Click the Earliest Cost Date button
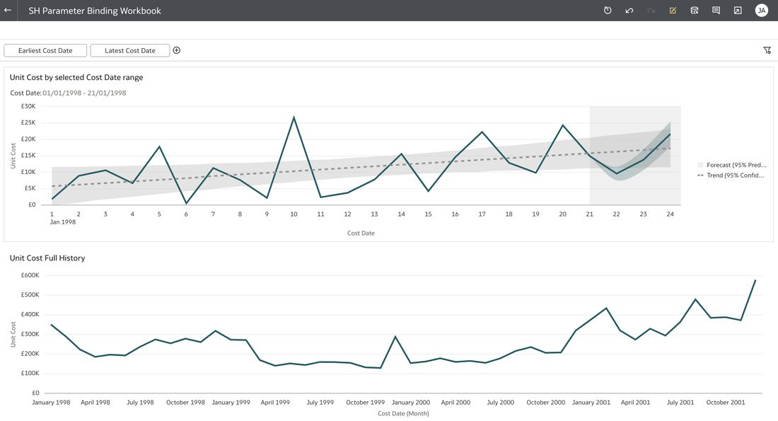tap(45, 51)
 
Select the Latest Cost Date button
tap(130, 51)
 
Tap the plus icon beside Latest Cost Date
tap(177, 50)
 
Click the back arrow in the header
tap(8, 10)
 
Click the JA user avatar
tap(761, 11)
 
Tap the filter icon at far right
tap(767, 50)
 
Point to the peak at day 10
tap(294, 117)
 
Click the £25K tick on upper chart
tap(28, 122)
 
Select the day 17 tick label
tap(482, 214)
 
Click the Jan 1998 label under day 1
tap(62, 222)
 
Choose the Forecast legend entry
tap(732, 165)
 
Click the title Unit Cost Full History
tap(47, 258)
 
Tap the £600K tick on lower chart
tap(30, 275)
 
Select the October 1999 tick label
tap(365, 403)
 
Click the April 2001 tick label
tap(635, 403)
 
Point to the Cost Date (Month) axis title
tap(403, 413)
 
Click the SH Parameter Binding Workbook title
tap(95, 11)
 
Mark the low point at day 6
tap(186, 203)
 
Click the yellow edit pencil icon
tap(673, 11)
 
